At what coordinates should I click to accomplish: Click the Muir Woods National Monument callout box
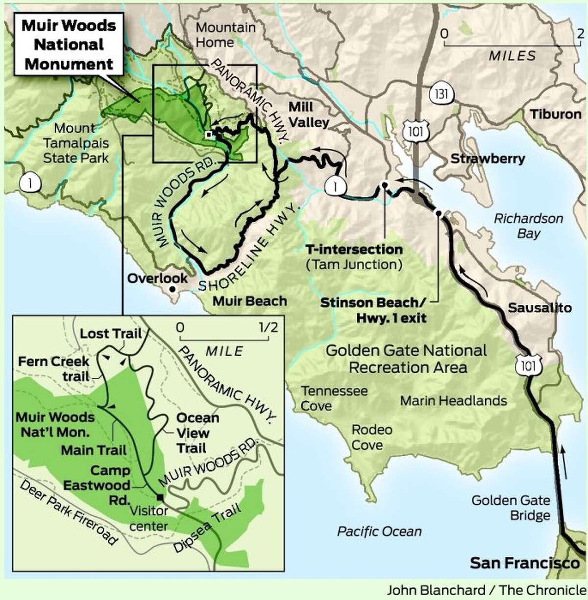pos(69,45)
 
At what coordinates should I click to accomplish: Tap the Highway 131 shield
pos(441,93)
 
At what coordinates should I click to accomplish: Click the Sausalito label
pos(539,308)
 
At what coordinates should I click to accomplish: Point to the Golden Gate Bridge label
pos(511,508)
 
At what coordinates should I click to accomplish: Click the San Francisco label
pos(524,563)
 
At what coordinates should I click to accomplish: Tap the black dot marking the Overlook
pos(172,289)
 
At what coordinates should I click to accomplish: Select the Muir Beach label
pos(249,300)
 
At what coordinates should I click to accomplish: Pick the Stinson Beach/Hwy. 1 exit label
pos(373,310)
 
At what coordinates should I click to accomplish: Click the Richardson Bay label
pos(528,226)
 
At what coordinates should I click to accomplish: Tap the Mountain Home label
pos(225,34)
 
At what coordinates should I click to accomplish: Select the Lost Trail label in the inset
pos(111,334)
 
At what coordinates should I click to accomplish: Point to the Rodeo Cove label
pos(372,437)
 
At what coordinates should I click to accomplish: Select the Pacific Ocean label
pos(379,531)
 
